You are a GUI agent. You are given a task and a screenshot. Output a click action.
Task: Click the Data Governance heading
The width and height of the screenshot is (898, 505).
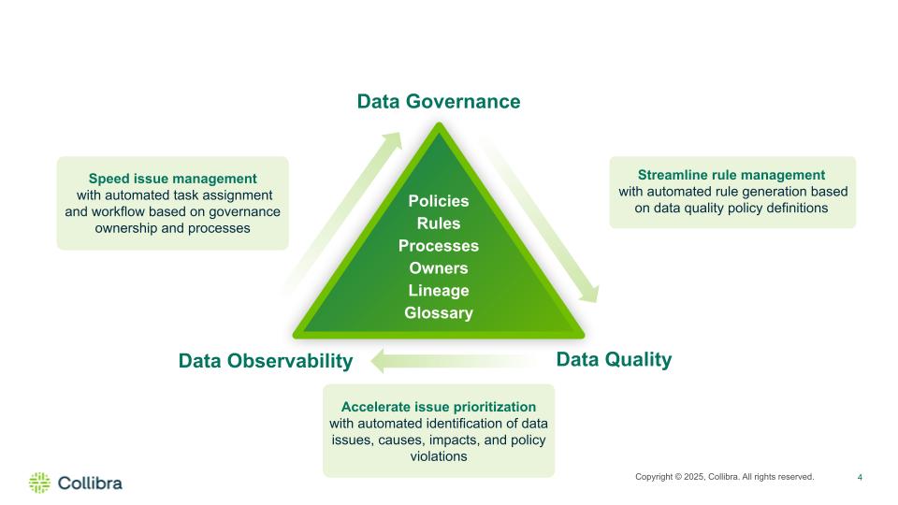(x=439, y=101)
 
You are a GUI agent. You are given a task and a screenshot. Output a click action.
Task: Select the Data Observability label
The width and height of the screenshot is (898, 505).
(x=265, y=361)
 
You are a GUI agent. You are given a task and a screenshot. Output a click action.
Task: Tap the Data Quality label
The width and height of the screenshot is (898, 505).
(x=614, y=359)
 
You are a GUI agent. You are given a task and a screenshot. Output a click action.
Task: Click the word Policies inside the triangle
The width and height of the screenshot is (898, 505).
(x=439, y=201)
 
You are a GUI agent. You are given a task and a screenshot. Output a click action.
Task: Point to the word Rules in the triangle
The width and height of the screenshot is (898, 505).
(x=439, y=224)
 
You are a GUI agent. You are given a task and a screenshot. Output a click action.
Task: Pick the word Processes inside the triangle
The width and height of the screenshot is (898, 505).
(x=439, y=246)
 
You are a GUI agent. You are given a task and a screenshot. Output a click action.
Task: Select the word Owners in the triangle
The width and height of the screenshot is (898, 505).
(x=439, y=268)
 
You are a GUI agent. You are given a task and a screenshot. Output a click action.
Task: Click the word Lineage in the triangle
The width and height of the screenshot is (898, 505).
(x=439, y=290)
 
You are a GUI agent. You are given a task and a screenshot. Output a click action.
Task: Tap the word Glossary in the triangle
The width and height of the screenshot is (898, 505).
(x=439, y=312)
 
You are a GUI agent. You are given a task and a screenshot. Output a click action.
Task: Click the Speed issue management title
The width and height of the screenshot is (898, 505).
(x=172, y=179)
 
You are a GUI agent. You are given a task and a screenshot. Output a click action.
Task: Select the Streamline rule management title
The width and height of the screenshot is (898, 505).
(x=731, y=175)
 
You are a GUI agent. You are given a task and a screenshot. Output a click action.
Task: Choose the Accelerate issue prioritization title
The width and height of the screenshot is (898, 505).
(x=439, y=407)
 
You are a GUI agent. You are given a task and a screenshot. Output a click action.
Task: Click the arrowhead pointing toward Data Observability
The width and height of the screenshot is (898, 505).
(x=378, y=362)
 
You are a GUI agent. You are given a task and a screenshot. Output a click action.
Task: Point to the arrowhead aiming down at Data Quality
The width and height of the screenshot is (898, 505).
(x=590, y=294)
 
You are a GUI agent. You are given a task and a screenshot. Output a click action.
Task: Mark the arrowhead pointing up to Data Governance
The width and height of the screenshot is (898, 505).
(x=393, y=140)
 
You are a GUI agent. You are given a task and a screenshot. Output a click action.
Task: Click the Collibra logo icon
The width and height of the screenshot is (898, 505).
(x=39, y=483)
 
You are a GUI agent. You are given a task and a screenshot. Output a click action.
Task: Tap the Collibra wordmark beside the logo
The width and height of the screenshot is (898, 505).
(x=90, y=483)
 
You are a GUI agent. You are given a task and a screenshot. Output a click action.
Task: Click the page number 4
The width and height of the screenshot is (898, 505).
(x=860, y=477)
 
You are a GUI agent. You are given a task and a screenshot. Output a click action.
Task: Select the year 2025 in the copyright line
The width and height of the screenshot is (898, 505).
(x=694, y=477)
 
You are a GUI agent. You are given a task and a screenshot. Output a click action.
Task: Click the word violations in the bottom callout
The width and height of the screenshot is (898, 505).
(x=439, y=456)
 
